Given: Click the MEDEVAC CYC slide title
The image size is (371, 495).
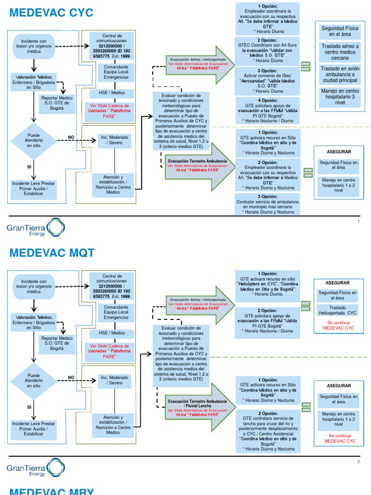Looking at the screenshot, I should [52, 13].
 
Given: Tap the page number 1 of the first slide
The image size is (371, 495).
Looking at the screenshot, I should [358, 221].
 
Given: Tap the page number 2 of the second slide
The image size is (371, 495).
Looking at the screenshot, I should [358, 461].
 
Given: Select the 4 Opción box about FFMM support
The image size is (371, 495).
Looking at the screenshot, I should [267, 110].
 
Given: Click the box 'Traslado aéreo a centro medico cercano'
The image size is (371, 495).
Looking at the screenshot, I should [340, 52].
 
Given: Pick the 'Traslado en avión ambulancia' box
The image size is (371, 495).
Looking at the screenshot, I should [340, 74].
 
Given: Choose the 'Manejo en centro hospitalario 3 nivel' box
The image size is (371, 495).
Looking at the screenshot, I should [340, 97].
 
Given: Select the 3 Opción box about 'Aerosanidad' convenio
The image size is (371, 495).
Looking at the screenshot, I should [267, 80].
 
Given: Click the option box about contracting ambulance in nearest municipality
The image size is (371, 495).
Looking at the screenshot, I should [267, 204].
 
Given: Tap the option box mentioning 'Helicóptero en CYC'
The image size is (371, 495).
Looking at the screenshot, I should [267, 283].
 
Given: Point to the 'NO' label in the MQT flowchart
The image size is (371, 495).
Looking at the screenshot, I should [71, 378].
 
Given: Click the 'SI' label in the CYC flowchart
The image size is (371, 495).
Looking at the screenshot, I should [29, 166].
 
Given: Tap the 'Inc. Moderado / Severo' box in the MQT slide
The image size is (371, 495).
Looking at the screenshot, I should [114, 380].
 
